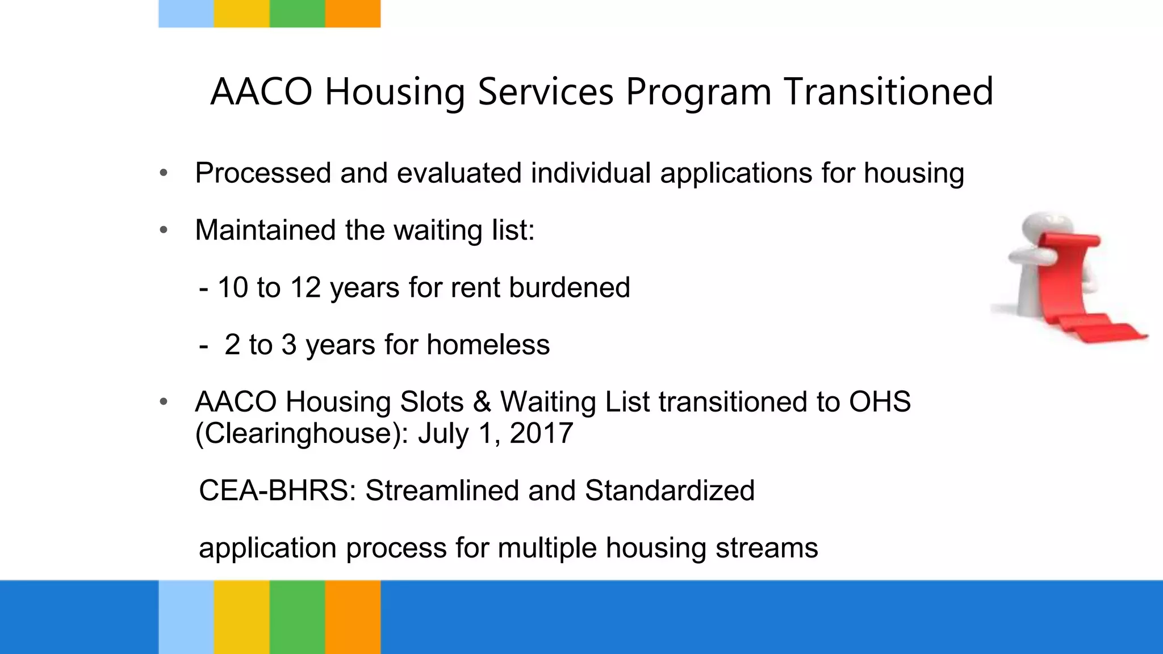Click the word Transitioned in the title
click(888, 92)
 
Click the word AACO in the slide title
click(261, 92)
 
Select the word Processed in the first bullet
click(262, 173)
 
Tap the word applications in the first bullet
click(736, 173)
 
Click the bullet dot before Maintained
click(164, 230)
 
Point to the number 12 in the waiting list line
click(306, 287)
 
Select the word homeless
click(488, 345)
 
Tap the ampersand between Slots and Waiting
click(482, 402)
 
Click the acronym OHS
click(880, 402)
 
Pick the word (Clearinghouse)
click(302, 434)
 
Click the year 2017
click(541, 434)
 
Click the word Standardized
click(670, 491)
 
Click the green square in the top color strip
click(297, 14)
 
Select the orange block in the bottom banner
click(353, 617)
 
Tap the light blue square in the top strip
click(186, 14)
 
